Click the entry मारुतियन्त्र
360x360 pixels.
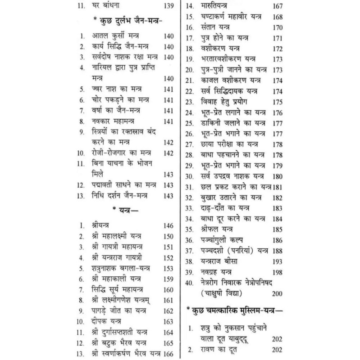[x=213, y=7]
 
